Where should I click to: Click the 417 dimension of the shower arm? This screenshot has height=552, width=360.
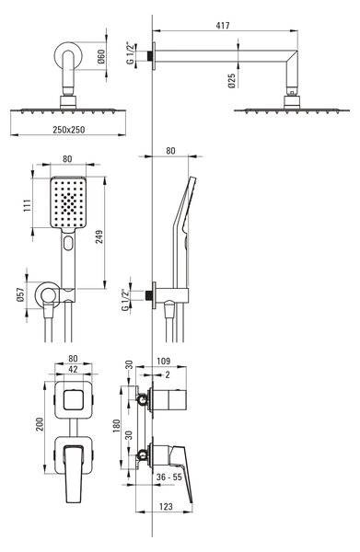coord(223,26)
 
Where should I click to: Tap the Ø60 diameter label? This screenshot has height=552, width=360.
coord(101,56)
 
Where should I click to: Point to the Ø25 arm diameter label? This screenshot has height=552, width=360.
coord(231,81)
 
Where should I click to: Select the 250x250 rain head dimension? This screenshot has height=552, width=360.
coord(69,130)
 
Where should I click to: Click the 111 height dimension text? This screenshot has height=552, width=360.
coord(27,205)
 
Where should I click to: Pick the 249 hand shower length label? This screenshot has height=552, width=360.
coord(99,236)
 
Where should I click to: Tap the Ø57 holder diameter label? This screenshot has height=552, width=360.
coord(20,294)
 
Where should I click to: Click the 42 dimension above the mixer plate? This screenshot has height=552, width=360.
coord(73,369)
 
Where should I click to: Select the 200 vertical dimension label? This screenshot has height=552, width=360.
coord(39,424)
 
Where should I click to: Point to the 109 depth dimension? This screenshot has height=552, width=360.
coord(163,361)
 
